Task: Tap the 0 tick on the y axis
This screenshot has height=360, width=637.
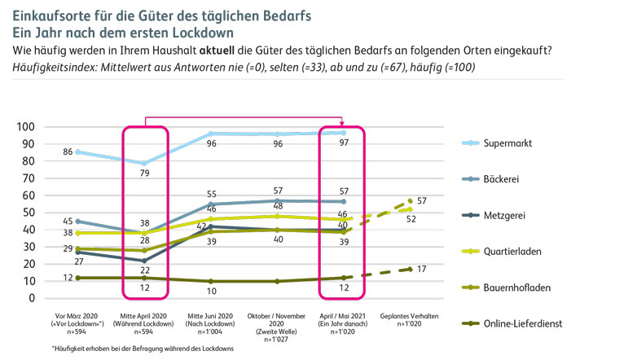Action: coord(32,298)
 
